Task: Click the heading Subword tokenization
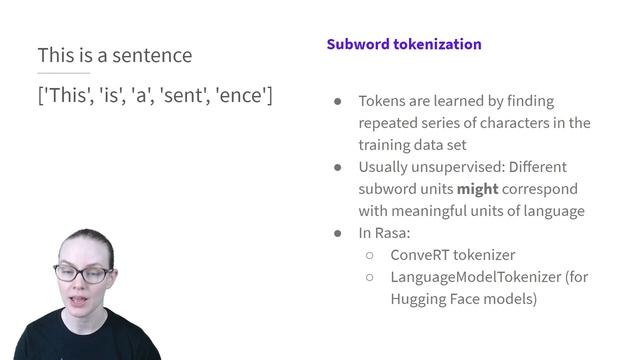pos(403,45)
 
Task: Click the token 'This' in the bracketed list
pos(66,96)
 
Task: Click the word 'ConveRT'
pos(421,254)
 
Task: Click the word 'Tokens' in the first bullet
pos(383,101)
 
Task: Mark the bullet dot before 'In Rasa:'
pos(337,233)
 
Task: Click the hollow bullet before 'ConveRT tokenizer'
pos(369,255)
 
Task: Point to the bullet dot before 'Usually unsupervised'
pos(337,167)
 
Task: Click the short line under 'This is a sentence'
pos(63,73)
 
